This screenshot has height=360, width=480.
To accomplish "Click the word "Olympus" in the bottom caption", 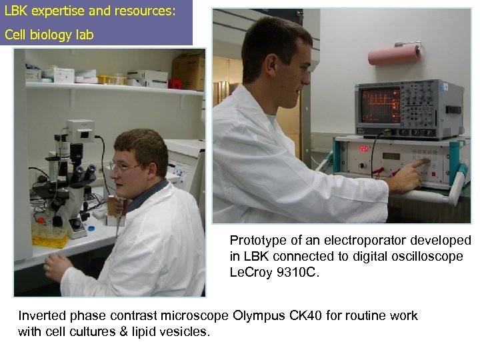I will click(x=257, y=315).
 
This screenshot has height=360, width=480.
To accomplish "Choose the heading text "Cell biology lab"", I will click(x=49, y=35).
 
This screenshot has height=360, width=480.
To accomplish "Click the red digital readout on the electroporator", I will click(x=365, y=148).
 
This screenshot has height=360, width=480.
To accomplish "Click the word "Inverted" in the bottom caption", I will click(x=41, y=315).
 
